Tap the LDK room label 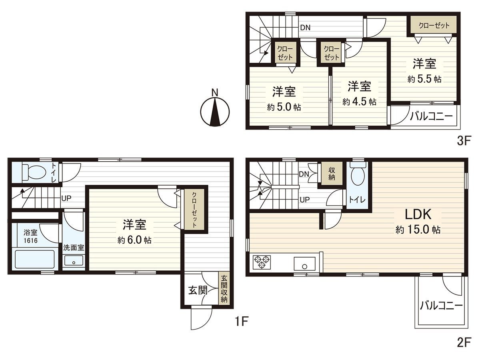(x=418, y=215)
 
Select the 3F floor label (x=465, y=141)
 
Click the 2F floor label (x=465, y=342)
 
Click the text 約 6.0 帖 (x=134, y=240)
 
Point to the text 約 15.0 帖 (x=418, y=230)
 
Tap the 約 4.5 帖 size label (x=359, y=102)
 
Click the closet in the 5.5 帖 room (x=434, y=25)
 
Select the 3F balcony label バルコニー (x=430, y=116)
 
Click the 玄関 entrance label (x=198, y=290)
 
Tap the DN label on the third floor (x=306, y=28)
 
